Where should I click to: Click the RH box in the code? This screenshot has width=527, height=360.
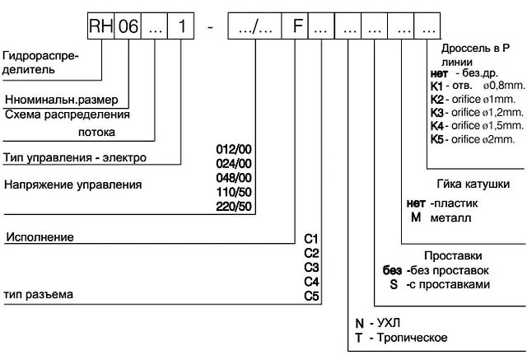coord(100,26)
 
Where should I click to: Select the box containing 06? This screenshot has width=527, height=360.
coord(128,26)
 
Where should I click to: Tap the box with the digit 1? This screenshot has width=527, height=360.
coord(181,26)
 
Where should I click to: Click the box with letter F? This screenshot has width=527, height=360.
coord(295,26)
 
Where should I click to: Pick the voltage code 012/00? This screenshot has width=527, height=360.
coord(234,149)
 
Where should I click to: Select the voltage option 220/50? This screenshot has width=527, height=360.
coord(234,206)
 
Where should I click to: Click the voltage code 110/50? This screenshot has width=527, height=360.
coord(234,192)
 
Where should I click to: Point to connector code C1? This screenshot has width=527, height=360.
coord(311,239)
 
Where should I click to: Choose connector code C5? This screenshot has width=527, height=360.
coord(311,296)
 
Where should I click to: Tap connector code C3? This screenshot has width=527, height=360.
coord(311,267)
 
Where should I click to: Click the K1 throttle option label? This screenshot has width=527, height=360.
coord(437,86)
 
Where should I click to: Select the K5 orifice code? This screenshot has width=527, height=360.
coord(437,139)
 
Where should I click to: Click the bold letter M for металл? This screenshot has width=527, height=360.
coord(416,217)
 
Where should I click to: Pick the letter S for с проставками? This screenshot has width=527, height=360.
coord(394,284)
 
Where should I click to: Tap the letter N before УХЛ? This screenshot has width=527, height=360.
coord(360,324)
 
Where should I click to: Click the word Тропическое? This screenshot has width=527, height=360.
coord(412,338)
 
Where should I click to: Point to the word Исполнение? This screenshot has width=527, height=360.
coord(40,237)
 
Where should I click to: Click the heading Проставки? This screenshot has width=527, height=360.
coord(453,256)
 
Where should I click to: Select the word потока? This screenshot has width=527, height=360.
coord(97,132)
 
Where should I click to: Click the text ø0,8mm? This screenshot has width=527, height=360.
coord(504,86)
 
